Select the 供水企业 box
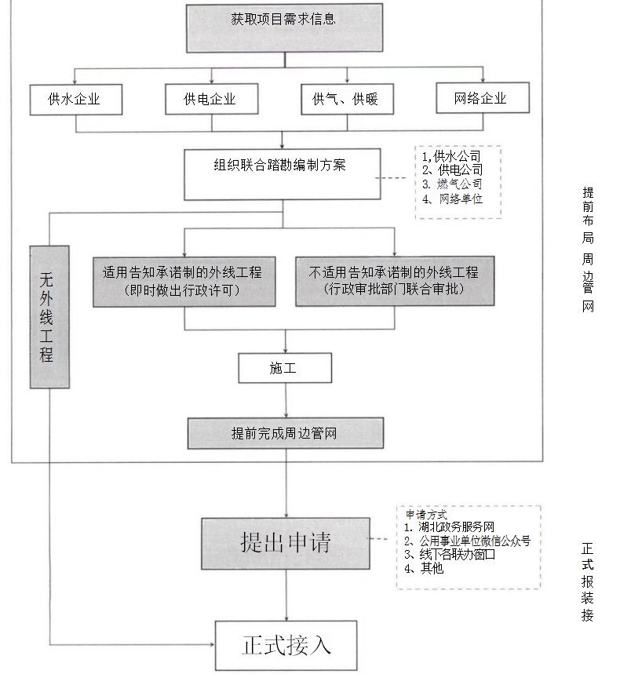coord(75,99)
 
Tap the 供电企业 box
coord(210,99)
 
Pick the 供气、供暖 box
coord(346,99)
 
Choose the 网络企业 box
coord(481,98)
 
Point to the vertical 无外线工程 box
coord(49,317)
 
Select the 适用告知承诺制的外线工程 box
coord(184,280)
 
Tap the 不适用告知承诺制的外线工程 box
coord(395,280)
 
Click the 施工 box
coord(284,368)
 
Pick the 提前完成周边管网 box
coord(285,433)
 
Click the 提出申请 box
coord(285,542)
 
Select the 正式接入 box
coord(286,645)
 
